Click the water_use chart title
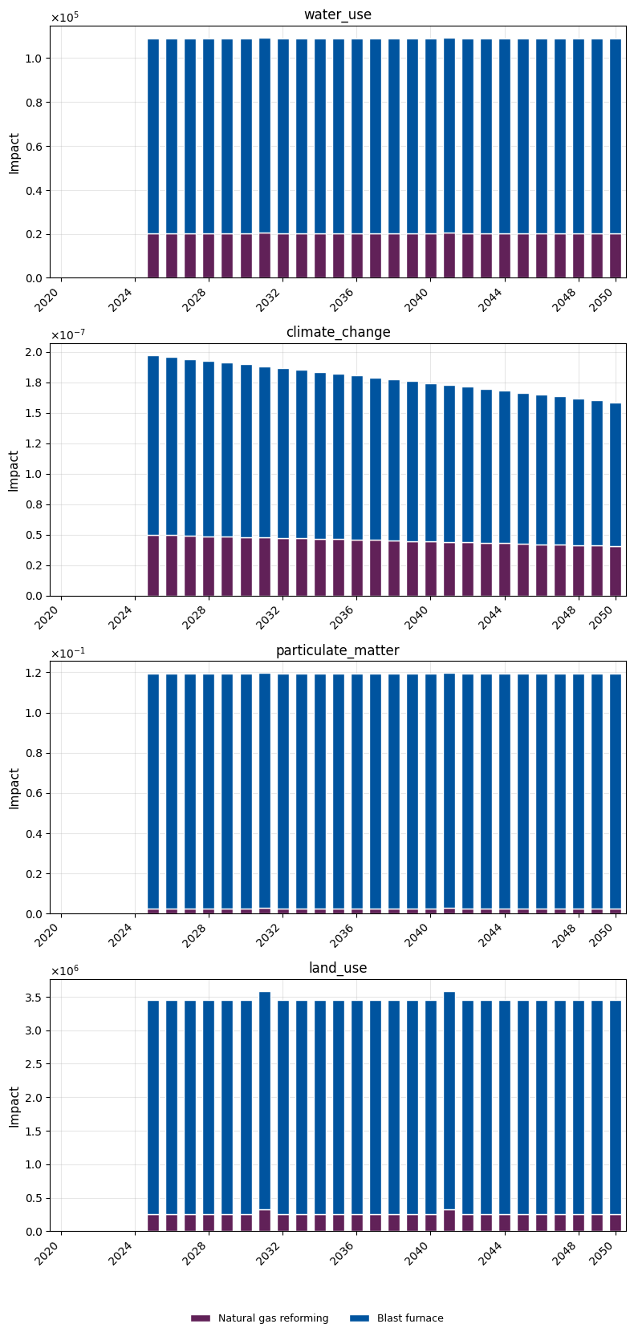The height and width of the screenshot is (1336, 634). tap(337, 14)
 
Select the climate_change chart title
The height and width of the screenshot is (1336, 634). tap(338, 332)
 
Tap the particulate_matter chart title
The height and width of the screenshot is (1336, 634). tap(337, 650)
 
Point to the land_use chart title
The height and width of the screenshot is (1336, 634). tap(337, 967)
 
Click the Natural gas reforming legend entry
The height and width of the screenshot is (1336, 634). tap(260, 1318)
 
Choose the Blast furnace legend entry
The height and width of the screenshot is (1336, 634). tap(396, 1318)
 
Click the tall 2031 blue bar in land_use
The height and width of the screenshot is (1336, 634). tap(265, 1100)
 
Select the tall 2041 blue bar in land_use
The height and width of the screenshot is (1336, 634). tap(449, 1100)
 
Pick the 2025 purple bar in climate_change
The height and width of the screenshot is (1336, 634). tap(153, 565)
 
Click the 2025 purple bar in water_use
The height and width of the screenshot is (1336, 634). tap(153, 256)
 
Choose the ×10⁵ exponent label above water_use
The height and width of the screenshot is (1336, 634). tap(65, 18)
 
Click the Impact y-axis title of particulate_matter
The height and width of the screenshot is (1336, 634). tap(14, 788)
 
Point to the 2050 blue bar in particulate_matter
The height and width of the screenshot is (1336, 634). tap(616, 791)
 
